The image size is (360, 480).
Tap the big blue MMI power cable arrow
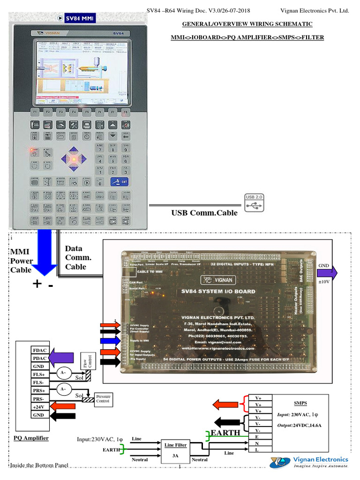tap(43, 251)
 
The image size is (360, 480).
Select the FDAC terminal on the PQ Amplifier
tap(38, 350)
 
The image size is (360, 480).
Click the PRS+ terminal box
tap(38, 390)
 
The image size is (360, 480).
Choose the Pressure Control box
tap(103, 398)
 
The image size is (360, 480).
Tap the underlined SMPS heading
tap(300, 403)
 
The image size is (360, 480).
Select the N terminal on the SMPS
tap(256, 443)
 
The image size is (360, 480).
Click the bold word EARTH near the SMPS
tap(225, 432)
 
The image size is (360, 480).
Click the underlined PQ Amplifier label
tap(31, 438)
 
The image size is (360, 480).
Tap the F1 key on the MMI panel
tap(35, 112)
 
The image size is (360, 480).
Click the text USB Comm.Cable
tap(204, 213)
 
